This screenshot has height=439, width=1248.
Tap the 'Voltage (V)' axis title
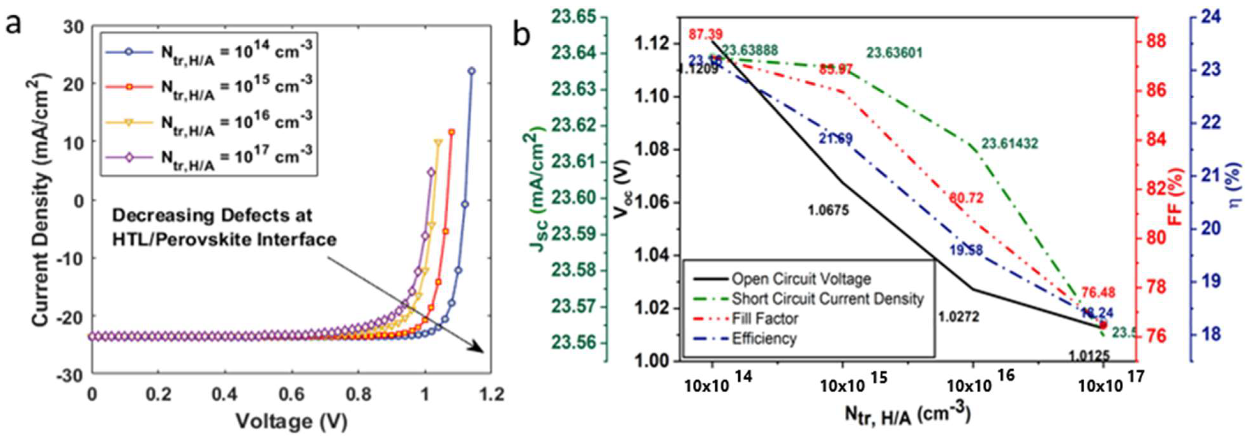click(x=291, y=421)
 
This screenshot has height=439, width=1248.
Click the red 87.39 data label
click(x=706, y=34)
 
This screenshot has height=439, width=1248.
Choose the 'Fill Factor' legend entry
click(x=765, y=318)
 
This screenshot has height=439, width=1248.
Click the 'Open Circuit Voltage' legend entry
click(x=801, y=279)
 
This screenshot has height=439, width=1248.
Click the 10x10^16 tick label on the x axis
click(x=974, y=384)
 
